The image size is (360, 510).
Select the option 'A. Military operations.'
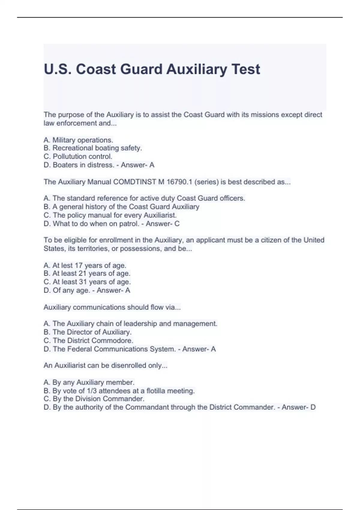(78, 140)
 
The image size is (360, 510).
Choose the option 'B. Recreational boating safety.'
(93, 148)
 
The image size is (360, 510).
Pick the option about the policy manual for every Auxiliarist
(110, 215)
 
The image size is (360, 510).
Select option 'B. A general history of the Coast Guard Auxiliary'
(121, 207)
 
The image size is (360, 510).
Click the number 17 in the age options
(79, 265)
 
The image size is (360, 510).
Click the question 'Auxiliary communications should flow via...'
(112, 307)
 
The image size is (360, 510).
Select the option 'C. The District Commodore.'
(88, 341)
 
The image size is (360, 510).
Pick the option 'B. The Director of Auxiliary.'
(88, 332)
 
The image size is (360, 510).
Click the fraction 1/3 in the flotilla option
(92, 391)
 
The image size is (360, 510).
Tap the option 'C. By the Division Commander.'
(94, 399)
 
